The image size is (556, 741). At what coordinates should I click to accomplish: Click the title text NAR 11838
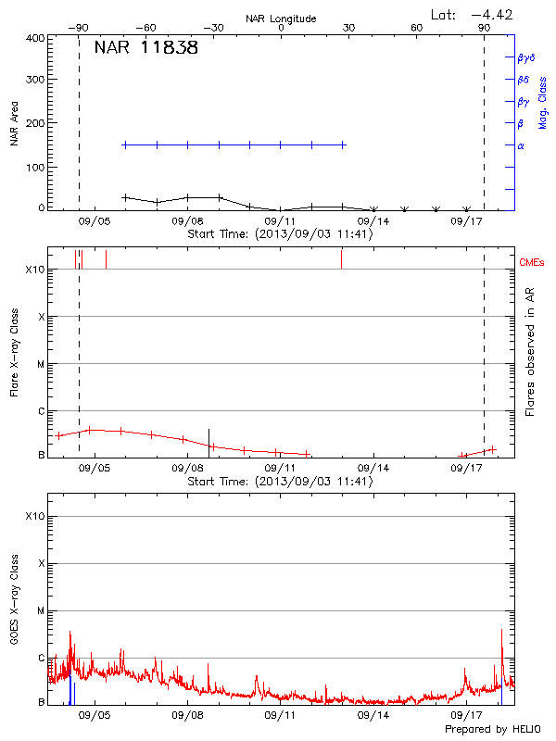(x=145, y=48)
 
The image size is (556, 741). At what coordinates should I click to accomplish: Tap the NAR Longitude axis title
(x=281, y=19)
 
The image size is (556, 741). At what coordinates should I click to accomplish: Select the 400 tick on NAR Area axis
(x=33, y=38)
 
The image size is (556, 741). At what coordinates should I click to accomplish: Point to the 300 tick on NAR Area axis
(x=33, y=81)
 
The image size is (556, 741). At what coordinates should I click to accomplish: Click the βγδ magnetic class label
(x=525, y=58)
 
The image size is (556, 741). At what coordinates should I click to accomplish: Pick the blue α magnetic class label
(x=520, y=145)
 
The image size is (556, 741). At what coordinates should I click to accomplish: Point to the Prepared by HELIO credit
(x=490, y=729)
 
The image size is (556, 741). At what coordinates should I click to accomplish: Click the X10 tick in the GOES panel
(x=34, y=516)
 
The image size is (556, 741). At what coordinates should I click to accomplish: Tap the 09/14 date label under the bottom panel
(x=373, y=716)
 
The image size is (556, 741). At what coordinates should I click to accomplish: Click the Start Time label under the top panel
(x=280, y=234)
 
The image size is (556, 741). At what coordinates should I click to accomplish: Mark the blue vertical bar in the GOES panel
(x=71, y=690)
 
